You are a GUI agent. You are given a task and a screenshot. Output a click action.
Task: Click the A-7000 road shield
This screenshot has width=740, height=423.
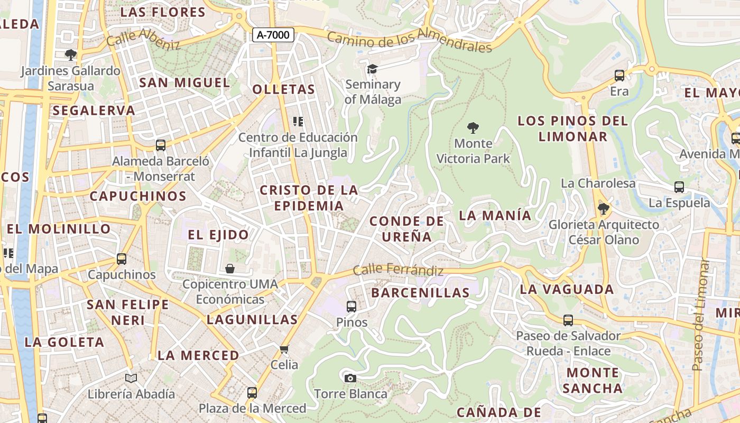tap(273, 35)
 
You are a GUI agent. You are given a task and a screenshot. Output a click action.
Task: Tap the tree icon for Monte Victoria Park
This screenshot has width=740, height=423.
tap(473, 127)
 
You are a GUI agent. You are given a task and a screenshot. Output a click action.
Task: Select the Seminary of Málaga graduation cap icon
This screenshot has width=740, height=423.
tap(373, 69)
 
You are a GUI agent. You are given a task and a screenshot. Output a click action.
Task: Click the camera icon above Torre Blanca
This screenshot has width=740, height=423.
tap(350, 378)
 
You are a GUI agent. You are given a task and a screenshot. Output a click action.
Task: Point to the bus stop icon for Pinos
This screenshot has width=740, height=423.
tap(351, 306)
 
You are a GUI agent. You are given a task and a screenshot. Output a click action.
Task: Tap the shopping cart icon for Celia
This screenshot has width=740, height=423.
tap(284, 349)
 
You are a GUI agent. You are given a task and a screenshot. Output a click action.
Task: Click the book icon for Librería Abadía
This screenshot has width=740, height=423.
tap(131, 378)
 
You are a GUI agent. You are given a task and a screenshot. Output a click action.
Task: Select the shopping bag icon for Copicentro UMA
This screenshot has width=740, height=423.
tap(230, 269)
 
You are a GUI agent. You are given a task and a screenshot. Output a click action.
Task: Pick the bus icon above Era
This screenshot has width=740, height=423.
tap(619, 76)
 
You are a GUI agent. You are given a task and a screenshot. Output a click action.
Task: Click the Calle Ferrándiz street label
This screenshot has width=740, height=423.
tap(398, 270)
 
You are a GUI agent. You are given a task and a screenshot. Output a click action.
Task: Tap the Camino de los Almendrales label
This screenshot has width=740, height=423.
tap(410, 42)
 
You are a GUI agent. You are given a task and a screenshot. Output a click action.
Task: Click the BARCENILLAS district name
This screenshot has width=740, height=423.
tap(420, 293)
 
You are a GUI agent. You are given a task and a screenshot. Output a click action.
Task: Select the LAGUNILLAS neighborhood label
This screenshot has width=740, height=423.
tap(252, 319)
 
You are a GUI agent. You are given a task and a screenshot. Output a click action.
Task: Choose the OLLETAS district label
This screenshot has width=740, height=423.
tap(284, 89)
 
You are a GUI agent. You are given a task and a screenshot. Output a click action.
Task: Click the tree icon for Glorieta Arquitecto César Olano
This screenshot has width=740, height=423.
tap(603, 209)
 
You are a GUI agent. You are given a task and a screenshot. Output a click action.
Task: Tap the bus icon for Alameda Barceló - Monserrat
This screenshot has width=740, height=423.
tap(161, 145)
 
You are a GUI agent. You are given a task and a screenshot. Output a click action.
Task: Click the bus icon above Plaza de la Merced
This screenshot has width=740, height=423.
tap(252, 393)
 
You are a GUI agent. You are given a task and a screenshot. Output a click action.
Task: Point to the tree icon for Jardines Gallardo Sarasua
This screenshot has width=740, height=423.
tap(70, 54)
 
